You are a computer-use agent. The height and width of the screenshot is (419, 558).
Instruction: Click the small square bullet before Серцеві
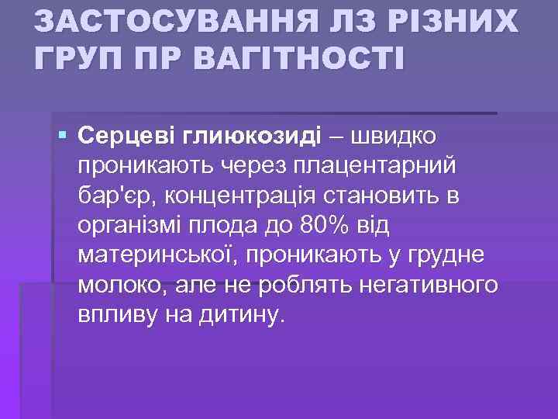63,136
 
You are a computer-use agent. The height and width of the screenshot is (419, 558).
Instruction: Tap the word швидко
394,136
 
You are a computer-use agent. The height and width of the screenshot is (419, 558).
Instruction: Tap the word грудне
456,257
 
